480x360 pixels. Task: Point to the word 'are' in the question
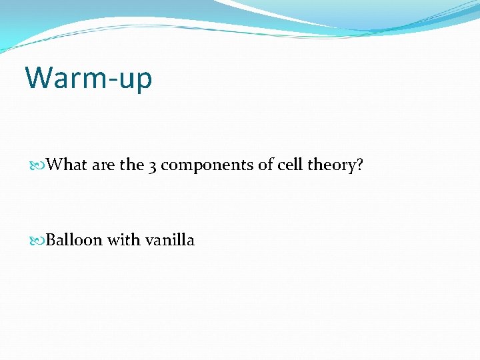tap(103, 165)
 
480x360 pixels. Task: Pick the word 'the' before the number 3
tap(131, 165)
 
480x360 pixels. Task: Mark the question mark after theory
tap(360, 165)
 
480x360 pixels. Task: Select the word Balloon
tap(74, 240)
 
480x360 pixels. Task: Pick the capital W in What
tap(54, 165)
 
